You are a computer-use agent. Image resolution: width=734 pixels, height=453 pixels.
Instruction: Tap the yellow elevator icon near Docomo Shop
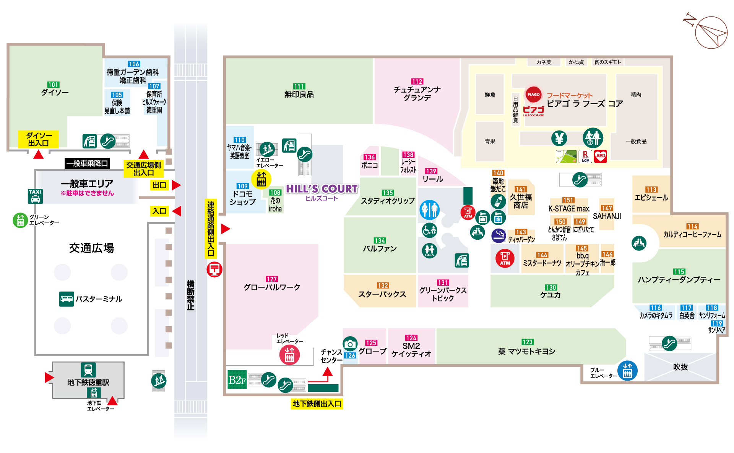(261, 179)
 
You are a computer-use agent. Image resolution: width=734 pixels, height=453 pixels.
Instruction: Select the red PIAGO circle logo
(533, 94)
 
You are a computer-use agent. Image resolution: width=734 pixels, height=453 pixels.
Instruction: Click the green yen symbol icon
(559, 138)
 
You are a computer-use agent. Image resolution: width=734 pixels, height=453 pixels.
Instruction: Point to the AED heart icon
(601, 156)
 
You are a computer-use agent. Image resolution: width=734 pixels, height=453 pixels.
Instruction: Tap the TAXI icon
(35, 196)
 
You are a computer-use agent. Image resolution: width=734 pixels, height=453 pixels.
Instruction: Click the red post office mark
(214, 270)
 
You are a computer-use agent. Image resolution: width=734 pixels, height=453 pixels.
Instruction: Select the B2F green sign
(237, 379)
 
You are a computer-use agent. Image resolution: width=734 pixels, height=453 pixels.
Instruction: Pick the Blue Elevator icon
(627, 371)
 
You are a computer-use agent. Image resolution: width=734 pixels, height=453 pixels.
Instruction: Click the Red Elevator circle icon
(289, 355)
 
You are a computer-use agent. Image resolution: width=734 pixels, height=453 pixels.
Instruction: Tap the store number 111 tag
(299, 87)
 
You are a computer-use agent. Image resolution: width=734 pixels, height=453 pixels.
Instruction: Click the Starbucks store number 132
(383, 286)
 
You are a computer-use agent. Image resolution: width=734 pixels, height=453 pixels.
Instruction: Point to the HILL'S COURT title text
(322, 189)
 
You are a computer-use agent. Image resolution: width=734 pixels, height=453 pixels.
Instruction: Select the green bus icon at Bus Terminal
(67, 299)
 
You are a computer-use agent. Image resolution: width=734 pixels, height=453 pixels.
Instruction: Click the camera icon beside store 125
(350, 344)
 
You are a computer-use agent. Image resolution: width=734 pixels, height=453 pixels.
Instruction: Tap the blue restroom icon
(429, 209)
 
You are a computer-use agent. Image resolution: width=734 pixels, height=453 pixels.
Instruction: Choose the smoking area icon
(499, 235)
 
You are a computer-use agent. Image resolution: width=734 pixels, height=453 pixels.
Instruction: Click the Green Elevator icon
(20, 220)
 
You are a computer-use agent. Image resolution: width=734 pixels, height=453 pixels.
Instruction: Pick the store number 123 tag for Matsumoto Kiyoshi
(528, 342)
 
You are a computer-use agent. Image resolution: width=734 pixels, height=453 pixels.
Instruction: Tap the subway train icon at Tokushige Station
(88, 370)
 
